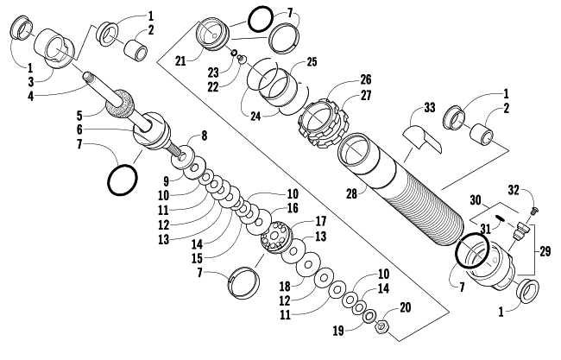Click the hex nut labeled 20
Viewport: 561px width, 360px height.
(x=382, y=327)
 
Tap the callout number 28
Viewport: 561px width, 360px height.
(x=351, y=193)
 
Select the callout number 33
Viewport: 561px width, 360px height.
(x=430, y=107)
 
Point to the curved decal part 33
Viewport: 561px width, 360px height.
(x=423, y=138)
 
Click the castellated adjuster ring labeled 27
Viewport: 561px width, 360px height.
(x=320, y=123)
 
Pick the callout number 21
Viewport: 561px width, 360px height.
(x=180, y=61)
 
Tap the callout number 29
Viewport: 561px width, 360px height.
(x=545, y=251)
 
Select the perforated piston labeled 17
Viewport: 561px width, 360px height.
(x=276, y=237)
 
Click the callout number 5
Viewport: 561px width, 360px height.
(x=79, y=116)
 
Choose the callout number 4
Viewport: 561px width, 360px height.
(x=30, y=96)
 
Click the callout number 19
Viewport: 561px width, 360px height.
(x=338, y=331)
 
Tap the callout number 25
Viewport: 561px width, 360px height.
(x=312, y=61)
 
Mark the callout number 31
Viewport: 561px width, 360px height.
(x=485, y=229)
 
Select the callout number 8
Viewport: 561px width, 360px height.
(x=204, y=136)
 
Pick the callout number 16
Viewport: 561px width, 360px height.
(x=293, y=208)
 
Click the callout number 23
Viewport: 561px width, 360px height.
(x=213, y=73)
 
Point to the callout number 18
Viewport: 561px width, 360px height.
(x=285, y=287)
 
